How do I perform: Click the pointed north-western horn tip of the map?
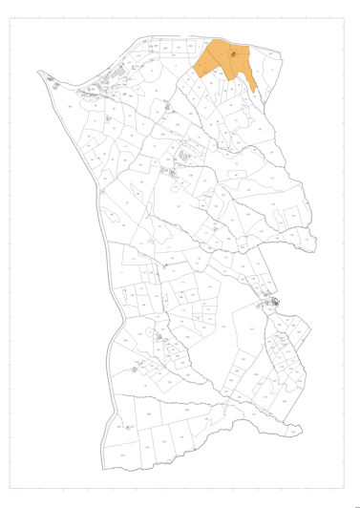click(41, 73)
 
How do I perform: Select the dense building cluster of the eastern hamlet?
click(271, 305)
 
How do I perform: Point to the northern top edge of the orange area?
click(229, 43)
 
